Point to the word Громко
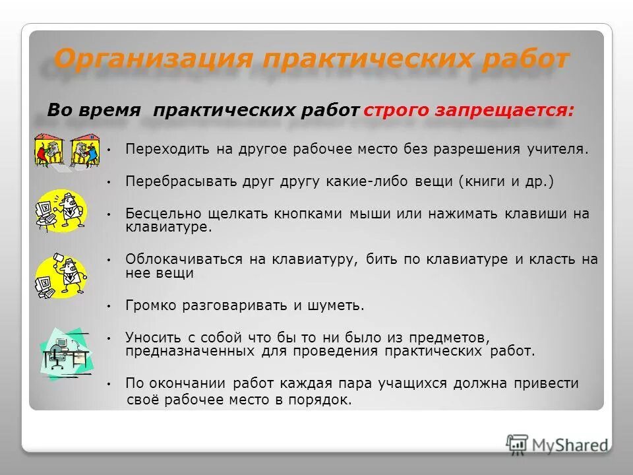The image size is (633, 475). click(x=149, y=305)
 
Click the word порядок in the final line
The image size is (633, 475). click(x=324, y=400)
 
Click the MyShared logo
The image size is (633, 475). click(x=557, y=445)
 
